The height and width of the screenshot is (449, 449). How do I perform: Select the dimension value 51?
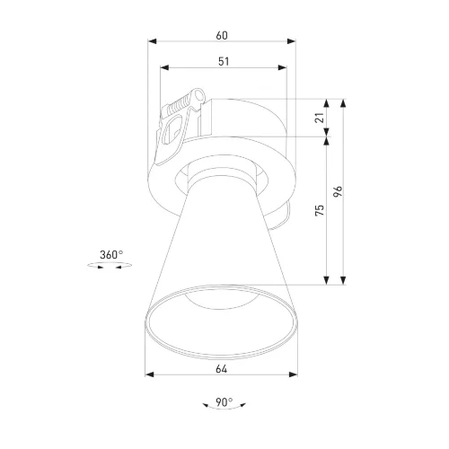(223, 60)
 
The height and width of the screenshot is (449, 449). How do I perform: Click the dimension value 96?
(337, 190)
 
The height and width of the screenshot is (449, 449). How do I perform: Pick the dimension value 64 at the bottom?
(223, 367)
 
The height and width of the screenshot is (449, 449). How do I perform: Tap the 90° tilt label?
(224, 401)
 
